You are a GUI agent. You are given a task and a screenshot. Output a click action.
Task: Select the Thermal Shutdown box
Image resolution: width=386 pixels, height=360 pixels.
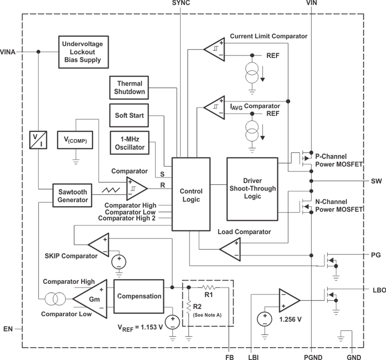[x=129, y=87]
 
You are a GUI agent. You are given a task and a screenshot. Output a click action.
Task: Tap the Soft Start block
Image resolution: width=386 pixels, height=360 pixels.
[x=129, y=115]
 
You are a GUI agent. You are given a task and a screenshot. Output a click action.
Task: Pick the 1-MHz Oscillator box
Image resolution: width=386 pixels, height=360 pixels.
[x=129, y=142]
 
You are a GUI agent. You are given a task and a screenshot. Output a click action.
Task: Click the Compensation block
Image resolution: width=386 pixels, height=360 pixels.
[x=138, y=296]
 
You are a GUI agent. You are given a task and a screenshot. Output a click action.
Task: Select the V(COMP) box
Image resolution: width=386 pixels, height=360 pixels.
[x=75, y=139]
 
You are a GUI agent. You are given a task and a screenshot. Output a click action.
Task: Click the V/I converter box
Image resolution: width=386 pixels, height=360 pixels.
[x=37, y=139]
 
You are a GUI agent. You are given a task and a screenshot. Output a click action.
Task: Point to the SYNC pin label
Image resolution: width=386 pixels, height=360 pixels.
[x=181, y=4]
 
